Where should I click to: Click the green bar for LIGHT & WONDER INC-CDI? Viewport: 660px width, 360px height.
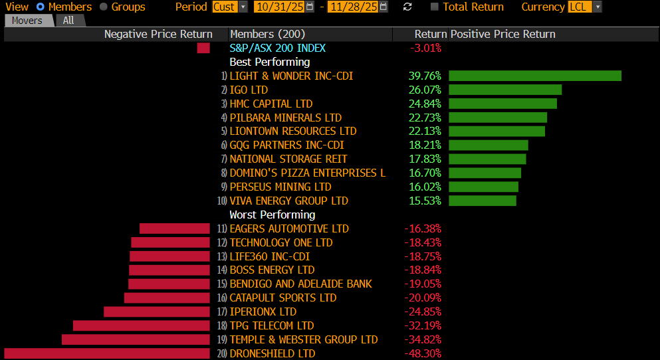pyautogui.click(x=535, y=76)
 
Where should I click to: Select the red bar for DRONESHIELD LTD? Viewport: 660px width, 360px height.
pyautogui.click(x=107, y=353)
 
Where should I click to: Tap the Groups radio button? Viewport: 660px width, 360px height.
pyautogui.click(x=104, y=7)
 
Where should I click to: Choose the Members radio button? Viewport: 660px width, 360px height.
pyautogui.click(x=41, y=7)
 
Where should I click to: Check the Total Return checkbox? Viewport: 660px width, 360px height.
pyautogui.click(x=435, y=7)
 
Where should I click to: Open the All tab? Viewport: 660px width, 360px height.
pyautogui.click(x=68, y=21)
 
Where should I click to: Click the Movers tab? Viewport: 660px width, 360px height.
pyautogui.click(x=27, y=21)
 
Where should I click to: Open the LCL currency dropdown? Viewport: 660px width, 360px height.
pyautogui.click(x=585, y=7)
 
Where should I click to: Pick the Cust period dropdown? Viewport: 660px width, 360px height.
pyautogui.click(x=229, y=7)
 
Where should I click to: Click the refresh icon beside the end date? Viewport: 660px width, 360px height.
pyautogui.click(x=407, y=7)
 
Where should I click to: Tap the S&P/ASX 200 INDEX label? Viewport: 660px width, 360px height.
pyautogui.click(x=278, y=48)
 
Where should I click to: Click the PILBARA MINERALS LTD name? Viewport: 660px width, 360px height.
pyautogui.click(x=286, y=118)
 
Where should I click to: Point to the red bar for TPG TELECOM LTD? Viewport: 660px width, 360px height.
pyautogui.click(x=141, y=325)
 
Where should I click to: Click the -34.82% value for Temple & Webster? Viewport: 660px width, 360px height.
pyautogui.click(x=423, y=339)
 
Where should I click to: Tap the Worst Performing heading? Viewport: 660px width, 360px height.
pyautogui.click(x=272, y=215)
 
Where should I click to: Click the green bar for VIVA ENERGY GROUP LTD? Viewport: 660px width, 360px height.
pyautogui.click(x=482, y=201)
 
